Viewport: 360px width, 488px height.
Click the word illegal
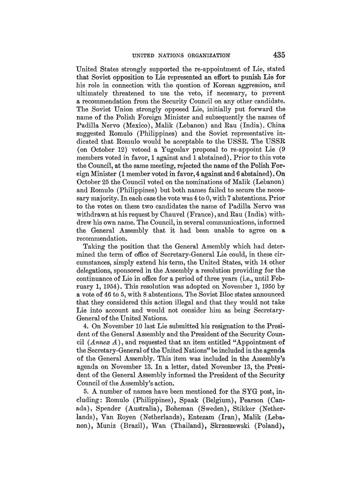(171, 302)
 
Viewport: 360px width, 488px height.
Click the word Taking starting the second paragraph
(93, 246)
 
